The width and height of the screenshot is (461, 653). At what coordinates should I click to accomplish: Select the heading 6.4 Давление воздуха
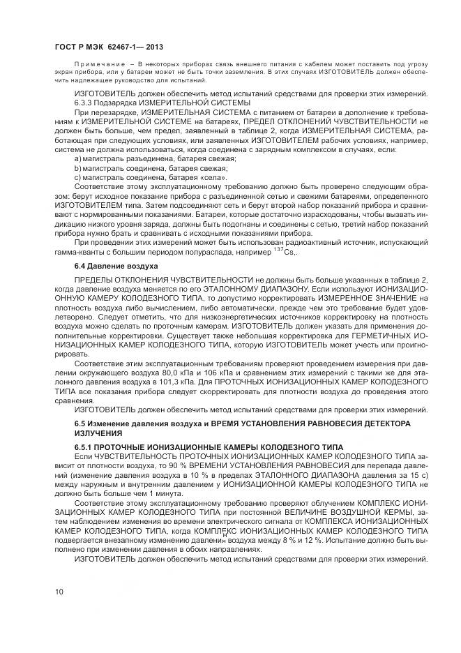107,267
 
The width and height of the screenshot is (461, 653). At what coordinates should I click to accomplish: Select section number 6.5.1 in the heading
84,446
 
